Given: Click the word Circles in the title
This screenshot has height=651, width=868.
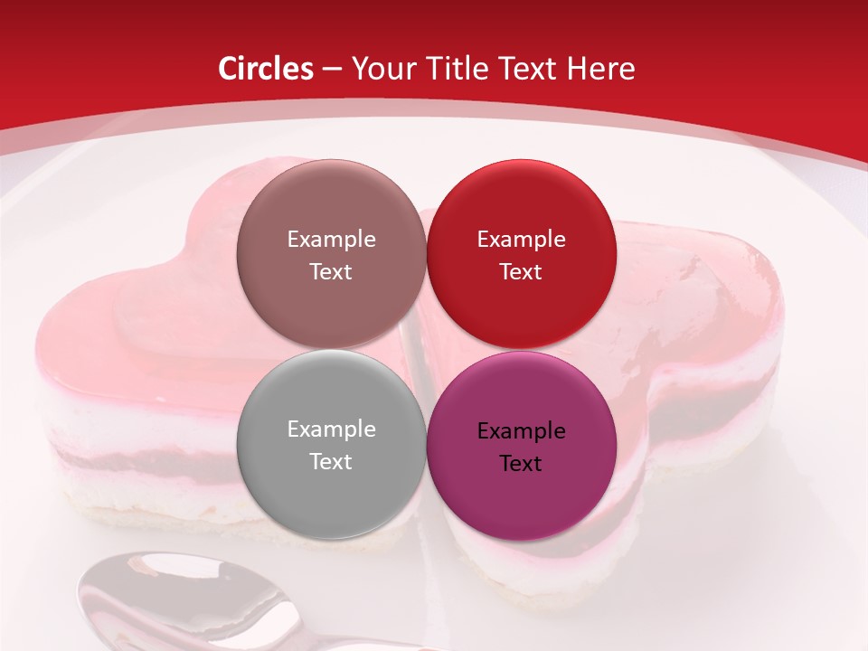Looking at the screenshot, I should pyautogui.click(x=266, y=69).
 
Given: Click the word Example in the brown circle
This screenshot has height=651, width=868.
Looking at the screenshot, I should pyautogui.click(x=331, y=240).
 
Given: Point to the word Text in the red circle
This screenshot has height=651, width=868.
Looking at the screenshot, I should pyautogui.click(x=521, y=271).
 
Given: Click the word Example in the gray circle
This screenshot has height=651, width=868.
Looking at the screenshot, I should pyautogui.click(x=331, y=429).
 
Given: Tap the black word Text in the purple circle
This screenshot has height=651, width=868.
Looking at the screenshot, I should pyautogui.click(x=521, y=463).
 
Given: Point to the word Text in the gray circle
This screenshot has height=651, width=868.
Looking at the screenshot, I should pyautogui.click(x=331, y=461).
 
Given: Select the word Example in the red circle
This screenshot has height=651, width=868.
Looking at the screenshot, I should pyautogui.click(x=521, y=240).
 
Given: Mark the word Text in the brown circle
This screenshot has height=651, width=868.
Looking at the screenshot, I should pyautogui.click(x=331, y=271).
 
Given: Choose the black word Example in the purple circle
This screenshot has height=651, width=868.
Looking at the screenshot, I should pyautogui.click(x=521, y=431).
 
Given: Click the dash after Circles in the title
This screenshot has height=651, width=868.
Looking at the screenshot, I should pyautogui.click(x=332, y=70).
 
